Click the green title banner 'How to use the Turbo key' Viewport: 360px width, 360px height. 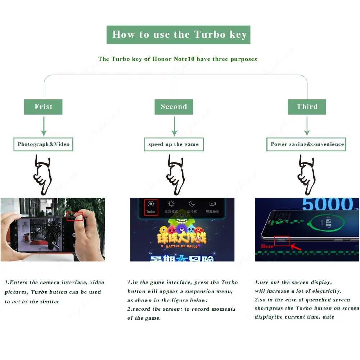pos(178,35)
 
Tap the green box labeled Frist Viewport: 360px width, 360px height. pos(43,107)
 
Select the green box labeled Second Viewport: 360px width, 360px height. pos(174,107)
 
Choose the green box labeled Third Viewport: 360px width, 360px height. pos(307,107)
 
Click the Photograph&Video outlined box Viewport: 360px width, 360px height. pos(44,144)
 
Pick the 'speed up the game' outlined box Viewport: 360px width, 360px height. pos(174,144)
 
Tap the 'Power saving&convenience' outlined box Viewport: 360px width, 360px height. pos(307,144)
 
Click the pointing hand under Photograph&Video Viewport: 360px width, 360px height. pos(42,172)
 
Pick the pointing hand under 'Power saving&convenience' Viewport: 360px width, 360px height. pos(306,172)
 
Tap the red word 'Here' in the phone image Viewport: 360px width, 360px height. pos(267,246)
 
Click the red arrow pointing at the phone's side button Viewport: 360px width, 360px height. pos(296,247)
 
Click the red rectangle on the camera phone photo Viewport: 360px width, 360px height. pos(75,216)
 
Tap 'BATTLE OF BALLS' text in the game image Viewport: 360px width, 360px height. pos(181,246)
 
